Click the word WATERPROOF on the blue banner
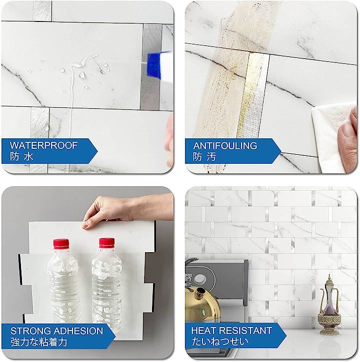click(43, 145)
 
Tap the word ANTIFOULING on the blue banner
click(225, 146)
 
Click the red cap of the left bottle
click(61, 244)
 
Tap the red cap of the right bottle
click(107, 243)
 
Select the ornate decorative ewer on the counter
click(329, 305)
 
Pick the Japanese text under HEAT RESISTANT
click(220, 342)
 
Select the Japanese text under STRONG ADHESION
click(38, 342)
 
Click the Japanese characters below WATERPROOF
click(21, 156)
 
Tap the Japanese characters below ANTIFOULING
click(204, 157)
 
